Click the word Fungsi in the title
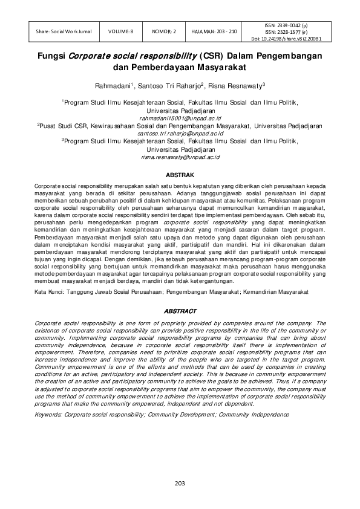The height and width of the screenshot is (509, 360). (x=53, y=56)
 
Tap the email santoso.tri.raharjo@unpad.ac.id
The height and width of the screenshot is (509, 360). (x=180, y=133)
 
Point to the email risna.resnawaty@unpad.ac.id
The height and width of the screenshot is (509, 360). (x=180, y=157)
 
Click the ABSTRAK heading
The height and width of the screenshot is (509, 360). (x=180, y=174)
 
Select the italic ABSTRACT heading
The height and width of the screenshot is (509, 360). (x=180, y=311)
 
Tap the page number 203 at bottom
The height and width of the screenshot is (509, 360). (x=180, y=483)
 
